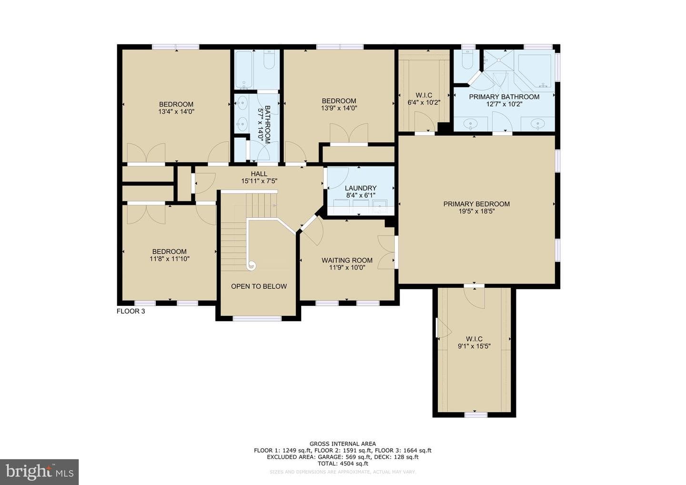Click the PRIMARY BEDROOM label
tap(476, 204)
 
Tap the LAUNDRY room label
tap(361, 188)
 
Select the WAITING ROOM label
tap(347, 260)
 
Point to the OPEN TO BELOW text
tap(259, 286)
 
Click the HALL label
tap(259, 173)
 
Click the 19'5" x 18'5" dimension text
tap(476, 211)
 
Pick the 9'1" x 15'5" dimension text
tap(474, 346)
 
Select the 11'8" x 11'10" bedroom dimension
tap(170, 259)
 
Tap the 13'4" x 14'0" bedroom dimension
tap(176, 111)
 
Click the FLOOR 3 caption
tap(131, 311)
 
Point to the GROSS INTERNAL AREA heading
tap(343, 444)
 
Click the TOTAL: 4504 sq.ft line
tap(343, 464)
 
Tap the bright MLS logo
tap(39, 472)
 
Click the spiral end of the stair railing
tap(252, 265)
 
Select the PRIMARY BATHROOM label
tap(504, 97)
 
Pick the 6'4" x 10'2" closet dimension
tap(424, 102)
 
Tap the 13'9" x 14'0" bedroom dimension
tap(339, 108)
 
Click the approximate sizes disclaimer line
tap(343, 472)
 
